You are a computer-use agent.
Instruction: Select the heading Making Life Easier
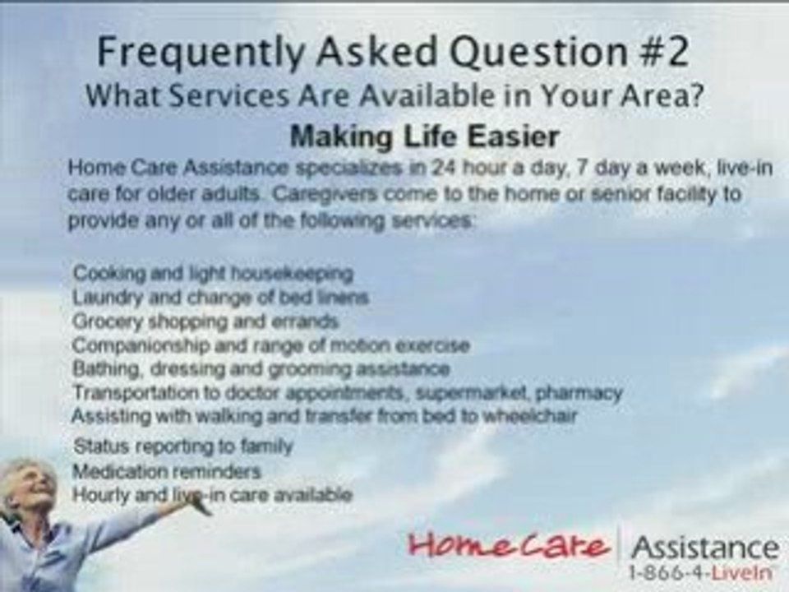pos(424,136)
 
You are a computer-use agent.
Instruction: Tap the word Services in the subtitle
pos(212,95)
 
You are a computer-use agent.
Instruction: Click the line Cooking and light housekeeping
pos(213,272)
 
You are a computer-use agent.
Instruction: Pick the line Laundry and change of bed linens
pos(220,296)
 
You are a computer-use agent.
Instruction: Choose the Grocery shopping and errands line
pos(205,320)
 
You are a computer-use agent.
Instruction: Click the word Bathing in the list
pos(99,368)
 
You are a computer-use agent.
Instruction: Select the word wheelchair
pos(534,416)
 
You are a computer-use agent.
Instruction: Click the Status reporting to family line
pos(182,446)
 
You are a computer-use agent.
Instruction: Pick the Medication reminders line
pos(167,471)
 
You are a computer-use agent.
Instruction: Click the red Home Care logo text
pos(510,546)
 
